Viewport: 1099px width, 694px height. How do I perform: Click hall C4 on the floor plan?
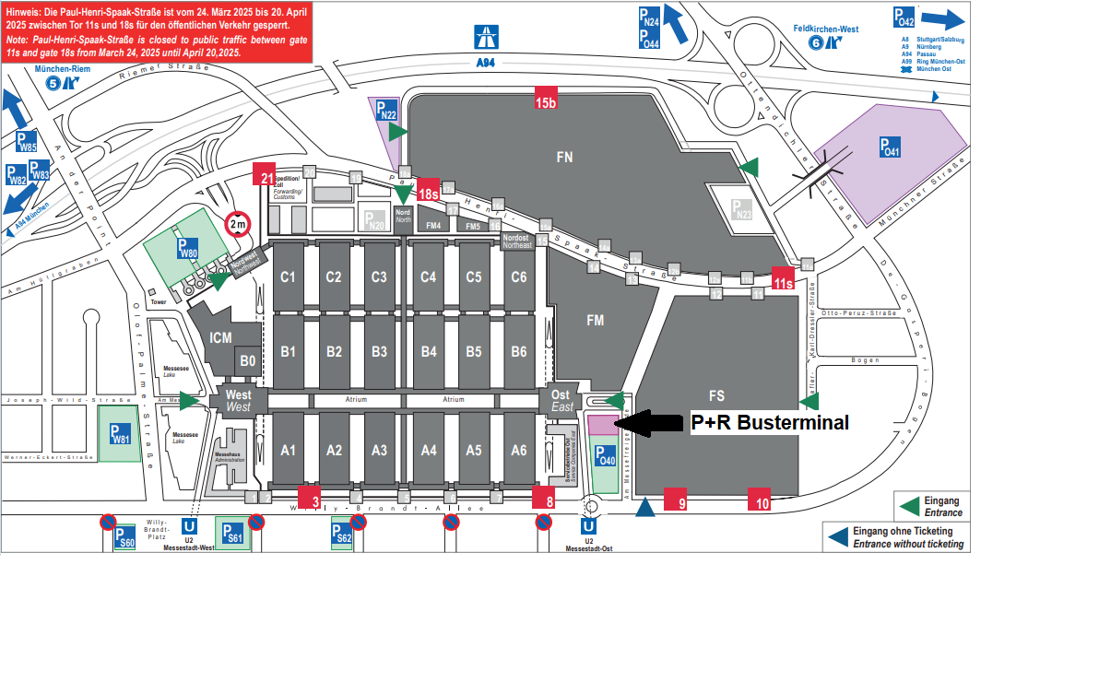click(428, 276)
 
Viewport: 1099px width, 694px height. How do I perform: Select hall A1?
click(289, 451)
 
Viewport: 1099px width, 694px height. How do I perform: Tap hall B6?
click(519, 351)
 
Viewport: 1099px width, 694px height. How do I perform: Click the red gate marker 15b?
click(547, 100)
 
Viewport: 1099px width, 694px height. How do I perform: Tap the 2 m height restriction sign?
click(237, 224)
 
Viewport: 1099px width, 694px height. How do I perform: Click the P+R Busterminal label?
click(770, 423)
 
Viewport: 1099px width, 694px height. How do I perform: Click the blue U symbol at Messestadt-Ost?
click(588, 526)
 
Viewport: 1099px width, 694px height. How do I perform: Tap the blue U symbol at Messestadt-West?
click(190, 526)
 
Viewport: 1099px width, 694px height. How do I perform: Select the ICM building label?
click(220, 338)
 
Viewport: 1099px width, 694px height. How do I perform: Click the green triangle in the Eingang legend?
click(909, 506)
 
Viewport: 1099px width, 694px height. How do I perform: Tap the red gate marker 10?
click(761, 499)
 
